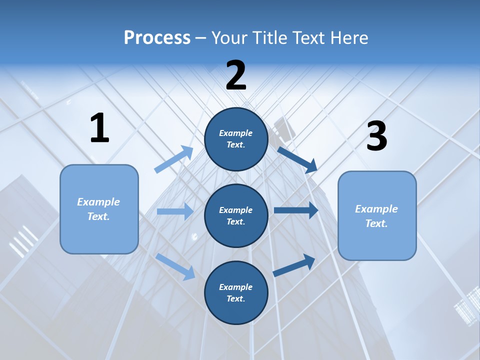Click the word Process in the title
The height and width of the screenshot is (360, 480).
tap(157, 38)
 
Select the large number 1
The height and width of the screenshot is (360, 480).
tap(99, 128)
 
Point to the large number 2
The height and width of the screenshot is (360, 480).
tap(236, 75)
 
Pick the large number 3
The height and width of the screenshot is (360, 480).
tap(376, 136)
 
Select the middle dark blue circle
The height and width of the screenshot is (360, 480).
tap(236, 216)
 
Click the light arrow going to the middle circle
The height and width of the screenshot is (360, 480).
tap(175, 211)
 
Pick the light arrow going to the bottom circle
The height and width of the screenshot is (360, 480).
tap(175, 266)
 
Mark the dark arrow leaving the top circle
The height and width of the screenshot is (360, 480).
tap(297, 159)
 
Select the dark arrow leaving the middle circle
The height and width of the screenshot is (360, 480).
tap(295, 210)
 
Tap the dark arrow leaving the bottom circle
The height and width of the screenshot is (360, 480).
tap(294, 265)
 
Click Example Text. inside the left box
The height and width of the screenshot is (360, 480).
tap(98, 209)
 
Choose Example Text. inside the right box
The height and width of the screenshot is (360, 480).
tap(376, 216)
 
